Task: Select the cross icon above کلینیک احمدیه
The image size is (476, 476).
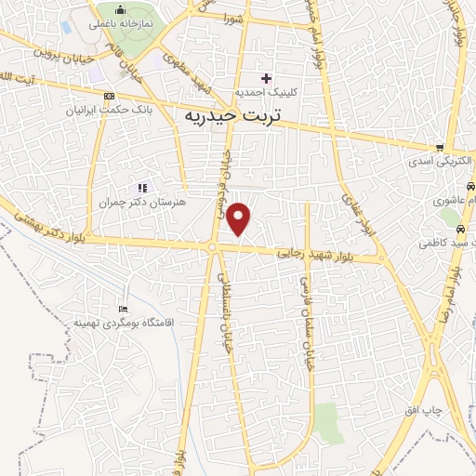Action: [267, 77]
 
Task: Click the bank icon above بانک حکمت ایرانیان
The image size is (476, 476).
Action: [110, 96]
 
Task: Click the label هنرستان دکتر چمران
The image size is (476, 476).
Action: [142, 202]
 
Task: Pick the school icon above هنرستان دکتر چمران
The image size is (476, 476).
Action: [142, 187]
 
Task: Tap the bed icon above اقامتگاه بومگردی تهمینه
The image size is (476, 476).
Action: [124, 309]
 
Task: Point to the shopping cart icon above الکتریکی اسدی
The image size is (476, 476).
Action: [440, 147]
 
